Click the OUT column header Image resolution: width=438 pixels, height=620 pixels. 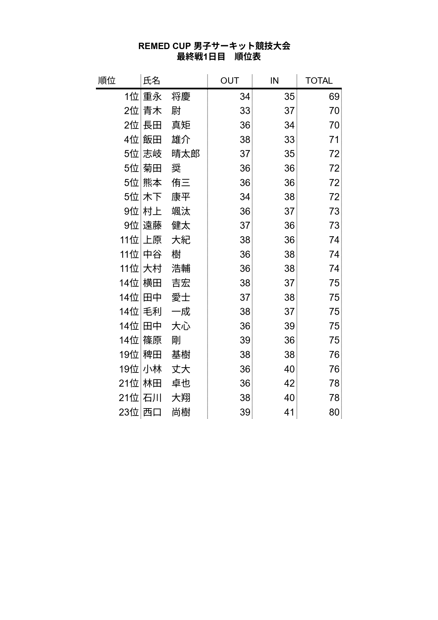[230, 81]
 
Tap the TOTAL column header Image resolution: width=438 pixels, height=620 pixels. [319, 81]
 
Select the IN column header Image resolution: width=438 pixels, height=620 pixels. [274, 81]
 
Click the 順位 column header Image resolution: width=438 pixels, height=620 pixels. [107, 81]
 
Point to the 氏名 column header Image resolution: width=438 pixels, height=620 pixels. [152, 81]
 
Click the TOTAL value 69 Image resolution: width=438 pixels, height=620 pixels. [334, 97]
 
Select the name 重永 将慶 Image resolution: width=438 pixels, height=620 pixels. [166, 97]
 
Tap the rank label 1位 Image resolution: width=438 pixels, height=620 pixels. [132, 97]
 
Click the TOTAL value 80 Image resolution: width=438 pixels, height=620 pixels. [334, 412]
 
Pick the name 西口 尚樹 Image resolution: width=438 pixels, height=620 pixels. [166, 412]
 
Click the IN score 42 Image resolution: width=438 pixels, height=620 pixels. [289, 383]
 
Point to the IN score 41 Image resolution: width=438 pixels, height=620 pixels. [289, 412]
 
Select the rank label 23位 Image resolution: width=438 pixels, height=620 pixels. [129, 412]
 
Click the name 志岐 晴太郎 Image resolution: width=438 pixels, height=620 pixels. [171, 154]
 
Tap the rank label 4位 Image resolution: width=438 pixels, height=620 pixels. [132, 140]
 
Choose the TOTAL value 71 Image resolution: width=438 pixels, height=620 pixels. [334, 140]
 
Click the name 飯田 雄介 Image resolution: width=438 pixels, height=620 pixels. [166, 140]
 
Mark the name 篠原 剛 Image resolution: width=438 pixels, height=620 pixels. [162, 340]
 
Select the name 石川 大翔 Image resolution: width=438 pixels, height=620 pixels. [166, 398]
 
